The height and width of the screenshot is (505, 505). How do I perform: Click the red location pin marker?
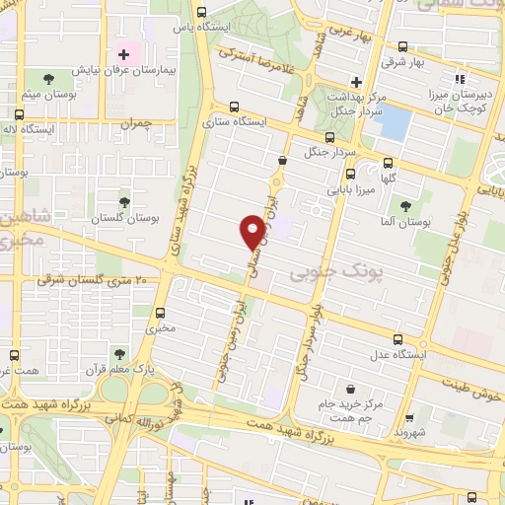click(x=252, y=232)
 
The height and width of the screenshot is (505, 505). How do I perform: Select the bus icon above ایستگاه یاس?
click(x=201, y=13)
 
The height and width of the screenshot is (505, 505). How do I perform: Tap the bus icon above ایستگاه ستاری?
click(x=234, y=108)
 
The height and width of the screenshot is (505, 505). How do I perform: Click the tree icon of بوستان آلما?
click(x=405, y=205)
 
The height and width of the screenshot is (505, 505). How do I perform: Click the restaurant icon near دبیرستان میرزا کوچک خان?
click(x=458, y=79)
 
